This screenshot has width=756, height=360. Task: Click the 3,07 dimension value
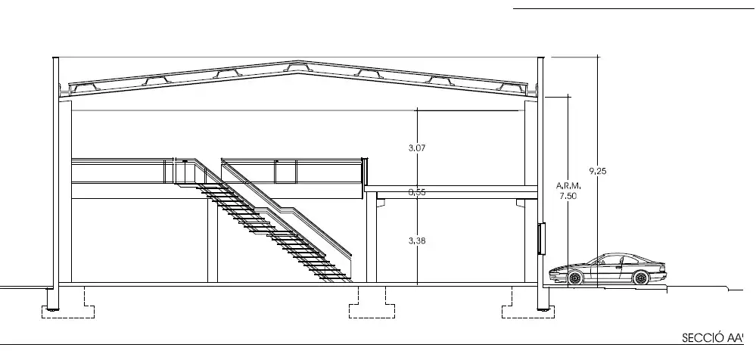pyautogui.click(x=416, y=148)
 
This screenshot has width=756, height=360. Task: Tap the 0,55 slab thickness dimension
pyautogui.click(x=416, y=192)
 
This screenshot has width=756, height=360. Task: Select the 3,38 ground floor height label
pyautogui.click(x=416, y=241)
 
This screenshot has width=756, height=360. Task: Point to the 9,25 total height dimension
pyautogui.click(x=598, y=171)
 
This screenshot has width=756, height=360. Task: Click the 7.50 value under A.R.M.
pyautogui.click(x=568, y=196)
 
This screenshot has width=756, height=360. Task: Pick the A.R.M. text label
pyautogui.click(x=569, y=185)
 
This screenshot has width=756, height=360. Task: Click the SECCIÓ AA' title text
pyautogui.click(x=711, y=338)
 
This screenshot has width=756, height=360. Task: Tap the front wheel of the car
pyautogui.click(x=574, y=278)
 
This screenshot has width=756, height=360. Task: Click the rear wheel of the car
pyautogui.click(x=641, y=278)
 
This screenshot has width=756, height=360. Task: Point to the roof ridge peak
pyautogui.click(x=298, y=62)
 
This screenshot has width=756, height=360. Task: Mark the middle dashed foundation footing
pyautogui.click(x=372, y=303)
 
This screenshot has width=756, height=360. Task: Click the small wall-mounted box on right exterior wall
pyautogui.click(x=541, y=238)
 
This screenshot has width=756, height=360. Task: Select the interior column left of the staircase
pyautogui.click(x=213, y=240)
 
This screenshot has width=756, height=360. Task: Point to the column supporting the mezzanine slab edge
pyautogui.click(x=372, y=237)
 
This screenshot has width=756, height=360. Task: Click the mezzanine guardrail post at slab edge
pyautogui.click(x=365, y=172)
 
